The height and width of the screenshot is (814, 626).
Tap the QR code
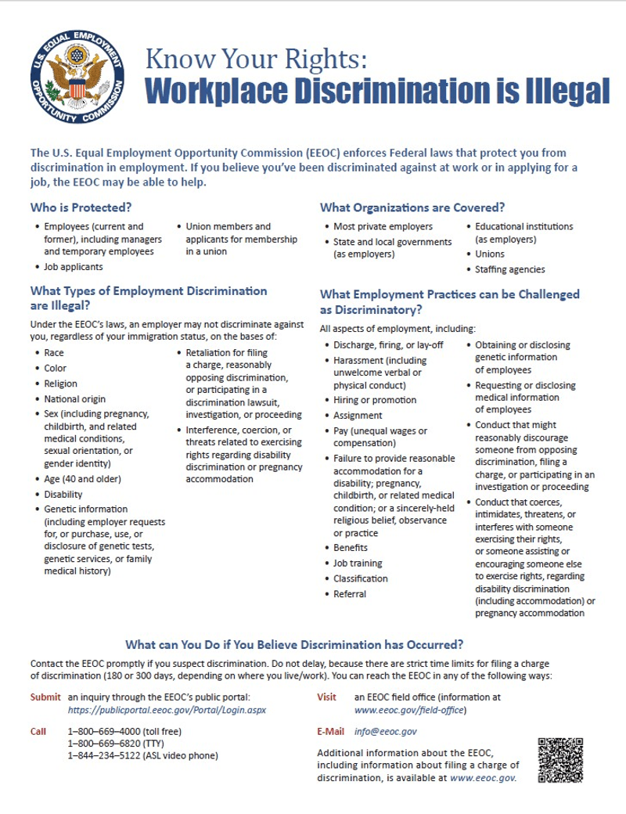click(561, 760)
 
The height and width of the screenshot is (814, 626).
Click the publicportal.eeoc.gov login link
click(167, 709)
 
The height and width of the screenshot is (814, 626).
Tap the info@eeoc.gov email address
click(385, 731)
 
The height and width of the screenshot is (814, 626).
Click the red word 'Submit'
click(45, 697)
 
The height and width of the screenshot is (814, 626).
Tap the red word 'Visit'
click(326, 697)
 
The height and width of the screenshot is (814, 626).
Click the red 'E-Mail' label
click(330, 731)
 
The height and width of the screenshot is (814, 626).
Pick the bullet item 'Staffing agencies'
click(510, 269)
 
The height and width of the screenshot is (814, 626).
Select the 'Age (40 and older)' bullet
click(82, 478)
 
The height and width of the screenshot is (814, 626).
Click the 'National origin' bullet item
click(76, 398)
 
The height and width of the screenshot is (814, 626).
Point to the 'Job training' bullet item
click(358, 563)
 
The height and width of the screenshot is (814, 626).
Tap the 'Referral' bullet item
click(350, 594)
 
